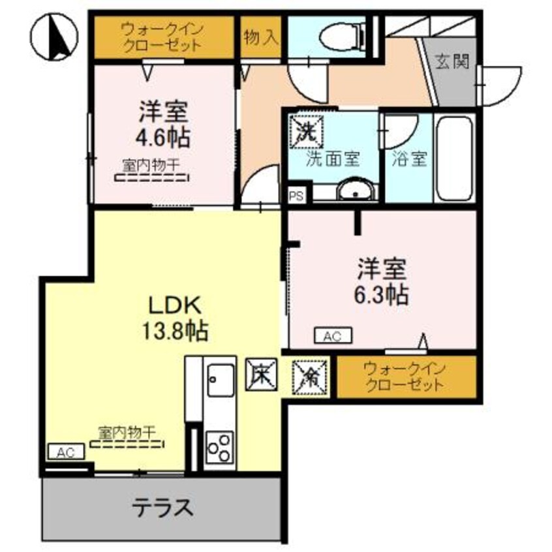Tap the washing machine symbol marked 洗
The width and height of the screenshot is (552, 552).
pyautogui.click(x=305, y=129)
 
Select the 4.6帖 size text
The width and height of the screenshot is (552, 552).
pyautogui.click(x=164, y=137)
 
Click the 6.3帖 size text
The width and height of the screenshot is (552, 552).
pyautogui.click(x=382, y=294)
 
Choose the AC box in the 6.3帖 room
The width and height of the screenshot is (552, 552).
pyautogui.click(x=333, y=336)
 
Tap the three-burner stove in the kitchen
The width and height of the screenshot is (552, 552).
pyautogui.click(x=220, y=447)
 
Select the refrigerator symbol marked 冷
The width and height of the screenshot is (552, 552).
pyautogui.click(x=307, y=376)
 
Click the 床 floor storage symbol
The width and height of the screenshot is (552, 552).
pyautogui.click(x=261, y=375)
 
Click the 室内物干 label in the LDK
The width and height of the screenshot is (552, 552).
pyautogui.click(x=127, y=432)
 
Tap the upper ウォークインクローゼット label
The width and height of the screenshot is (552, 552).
pyautogui.click(x=163, y=38)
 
